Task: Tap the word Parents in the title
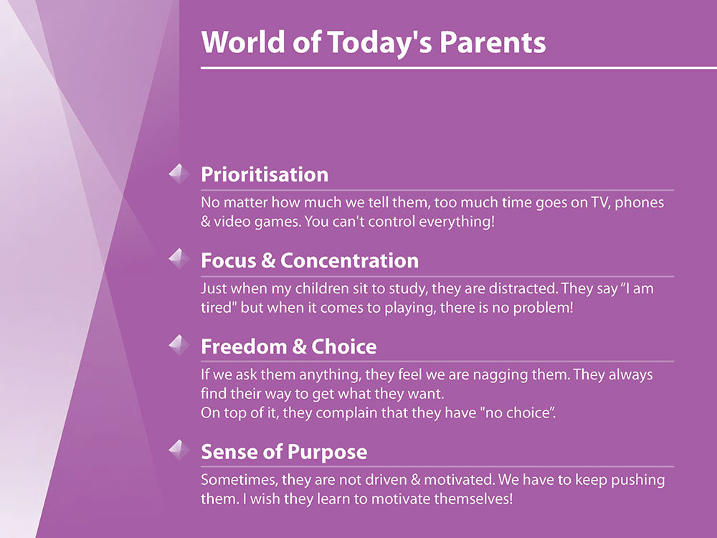pos(493,42)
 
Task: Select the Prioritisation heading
pos(265,175)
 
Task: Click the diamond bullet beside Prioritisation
pos(179,174)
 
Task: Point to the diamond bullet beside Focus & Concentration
pos(179,259)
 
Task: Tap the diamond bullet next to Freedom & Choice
pos(179,345)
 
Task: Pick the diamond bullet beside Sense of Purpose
pos(179,450)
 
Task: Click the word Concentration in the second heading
pos(349,261)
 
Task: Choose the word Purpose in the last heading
pos(326,452)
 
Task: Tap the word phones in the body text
pos(640,203)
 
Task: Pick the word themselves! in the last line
pos(473,499)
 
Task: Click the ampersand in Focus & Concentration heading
pos(268,261)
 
